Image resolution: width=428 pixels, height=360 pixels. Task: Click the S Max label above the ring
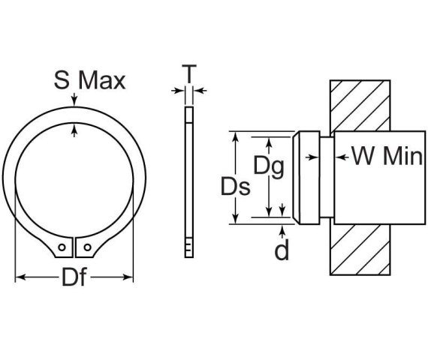[89, 79]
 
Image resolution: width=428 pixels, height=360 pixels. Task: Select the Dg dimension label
[268, 166]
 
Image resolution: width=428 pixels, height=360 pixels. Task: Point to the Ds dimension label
[235, 186]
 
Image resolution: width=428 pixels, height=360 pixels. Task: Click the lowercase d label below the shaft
[282, 250]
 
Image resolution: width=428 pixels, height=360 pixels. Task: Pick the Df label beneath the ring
[74, 278]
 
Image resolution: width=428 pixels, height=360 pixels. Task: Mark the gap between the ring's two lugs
[74, 247]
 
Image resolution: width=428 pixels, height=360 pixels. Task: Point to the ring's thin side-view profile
[188, 180]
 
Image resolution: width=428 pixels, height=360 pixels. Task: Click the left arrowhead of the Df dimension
[19, 277]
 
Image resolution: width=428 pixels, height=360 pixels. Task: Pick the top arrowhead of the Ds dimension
[237, 136]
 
